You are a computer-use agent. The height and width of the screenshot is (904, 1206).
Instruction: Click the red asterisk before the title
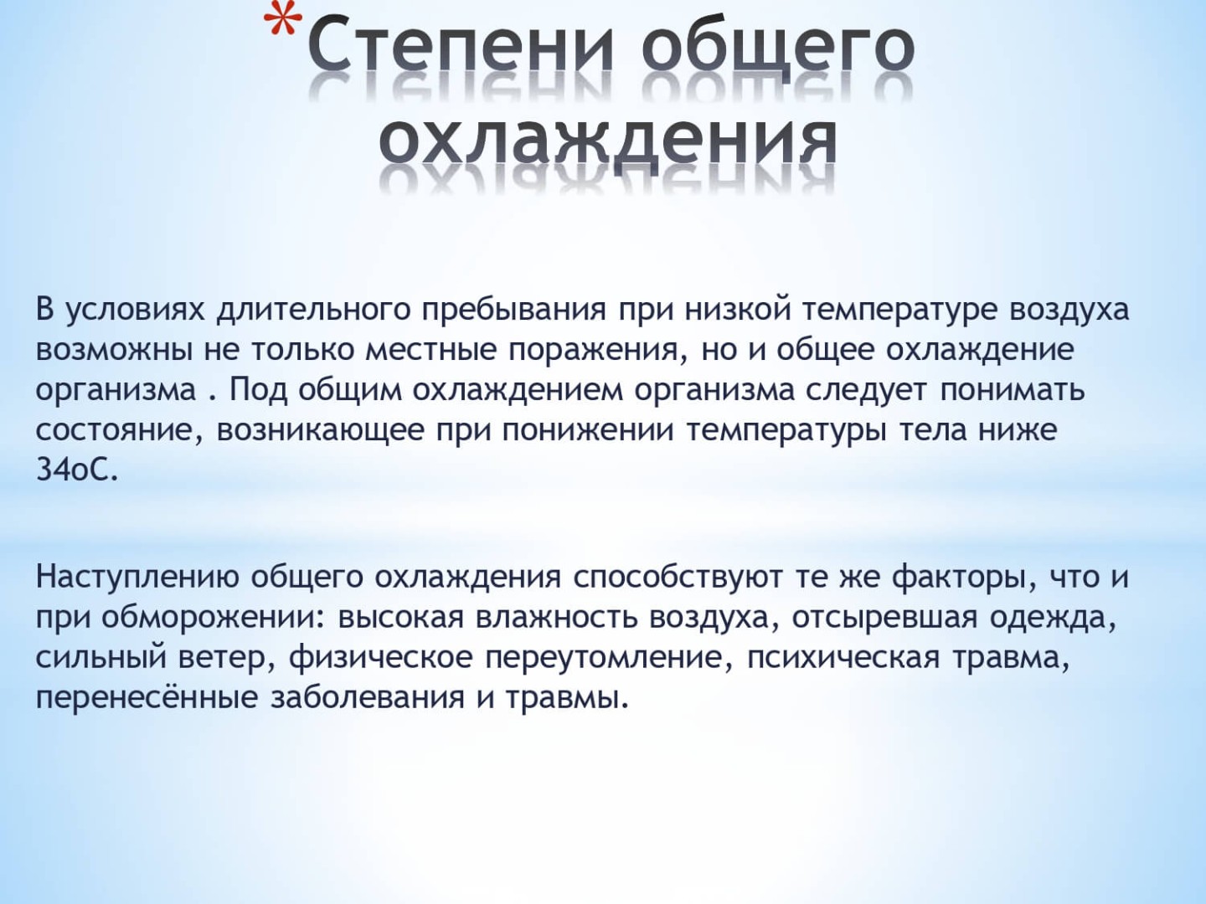point(283,18)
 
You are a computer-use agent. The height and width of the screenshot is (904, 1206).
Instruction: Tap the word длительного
point(314,310)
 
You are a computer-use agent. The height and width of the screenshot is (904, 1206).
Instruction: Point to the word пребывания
point(514,310)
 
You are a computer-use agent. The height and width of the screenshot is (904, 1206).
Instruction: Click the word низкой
point(738,309)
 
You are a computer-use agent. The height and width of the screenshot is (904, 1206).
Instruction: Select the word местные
point(431,351)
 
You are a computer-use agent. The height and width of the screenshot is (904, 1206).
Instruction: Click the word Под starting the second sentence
point(258,391)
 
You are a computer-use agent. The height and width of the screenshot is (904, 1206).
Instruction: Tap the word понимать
point(1013,390)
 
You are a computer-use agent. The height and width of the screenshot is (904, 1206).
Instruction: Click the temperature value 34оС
point(77,470)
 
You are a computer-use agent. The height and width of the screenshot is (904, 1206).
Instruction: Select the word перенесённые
point(147,697)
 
